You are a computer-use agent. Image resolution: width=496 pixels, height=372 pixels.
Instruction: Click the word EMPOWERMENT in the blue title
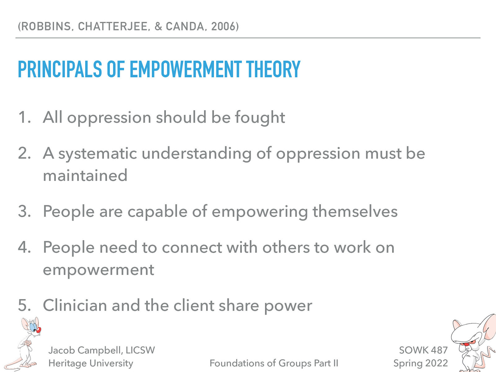pos(185,69)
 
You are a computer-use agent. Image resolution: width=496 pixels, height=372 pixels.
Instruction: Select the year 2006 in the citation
pos(223,27)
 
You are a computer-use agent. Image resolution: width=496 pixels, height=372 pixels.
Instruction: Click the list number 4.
pos(24,247)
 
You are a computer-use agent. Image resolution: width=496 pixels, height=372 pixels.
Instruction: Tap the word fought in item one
pos(260,117)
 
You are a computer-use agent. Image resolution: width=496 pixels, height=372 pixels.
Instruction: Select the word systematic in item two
pos(97,153)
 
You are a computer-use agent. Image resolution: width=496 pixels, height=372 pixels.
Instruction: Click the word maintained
pos(85,175)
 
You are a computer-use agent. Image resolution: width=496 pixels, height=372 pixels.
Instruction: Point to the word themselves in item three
pos(355,211)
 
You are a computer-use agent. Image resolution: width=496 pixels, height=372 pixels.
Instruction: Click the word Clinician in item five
pos(75,305)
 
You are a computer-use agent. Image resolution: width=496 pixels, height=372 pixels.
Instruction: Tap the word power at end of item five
pos(288,306)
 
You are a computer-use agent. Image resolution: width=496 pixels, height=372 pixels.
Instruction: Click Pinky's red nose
pos(38,330)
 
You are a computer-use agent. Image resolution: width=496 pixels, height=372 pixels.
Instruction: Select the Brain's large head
pos(468,332)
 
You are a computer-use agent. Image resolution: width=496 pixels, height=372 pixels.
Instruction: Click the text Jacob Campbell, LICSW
pos(101,350)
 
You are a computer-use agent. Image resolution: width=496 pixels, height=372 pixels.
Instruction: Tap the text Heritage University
pos(91,363)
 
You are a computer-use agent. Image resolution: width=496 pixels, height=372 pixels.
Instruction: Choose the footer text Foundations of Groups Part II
pos(274,363)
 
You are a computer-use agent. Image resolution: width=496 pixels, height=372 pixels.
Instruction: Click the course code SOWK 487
pos(423,350)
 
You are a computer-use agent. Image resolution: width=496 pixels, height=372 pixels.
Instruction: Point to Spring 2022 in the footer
pos(420,363)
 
